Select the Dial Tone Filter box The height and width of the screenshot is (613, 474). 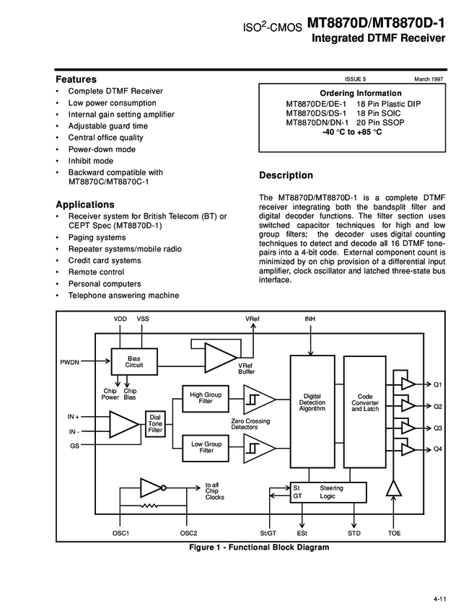click(155, 423)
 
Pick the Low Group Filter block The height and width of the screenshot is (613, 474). click(206, 447)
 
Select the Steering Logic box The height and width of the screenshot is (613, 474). click(328, 492)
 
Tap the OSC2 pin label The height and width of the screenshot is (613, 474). click(188, 533)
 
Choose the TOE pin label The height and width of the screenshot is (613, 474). click(394, 533)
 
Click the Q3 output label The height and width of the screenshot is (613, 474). click(437, 428)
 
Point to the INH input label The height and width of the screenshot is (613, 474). click(310, 318)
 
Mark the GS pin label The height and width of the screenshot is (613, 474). click(74, 446)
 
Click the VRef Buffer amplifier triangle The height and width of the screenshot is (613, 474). click(218, 355)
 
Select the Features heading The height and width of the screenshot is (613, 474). click(76, 79)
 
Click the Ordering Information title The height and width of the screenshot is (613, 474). click(360, 94)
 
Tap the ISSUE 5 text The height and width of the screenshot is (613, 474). click(356, 78)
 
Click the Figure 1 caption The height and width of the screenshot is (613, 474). click(259, 547)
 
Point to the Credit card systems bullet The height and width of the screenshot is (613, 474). click(105, 260)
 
